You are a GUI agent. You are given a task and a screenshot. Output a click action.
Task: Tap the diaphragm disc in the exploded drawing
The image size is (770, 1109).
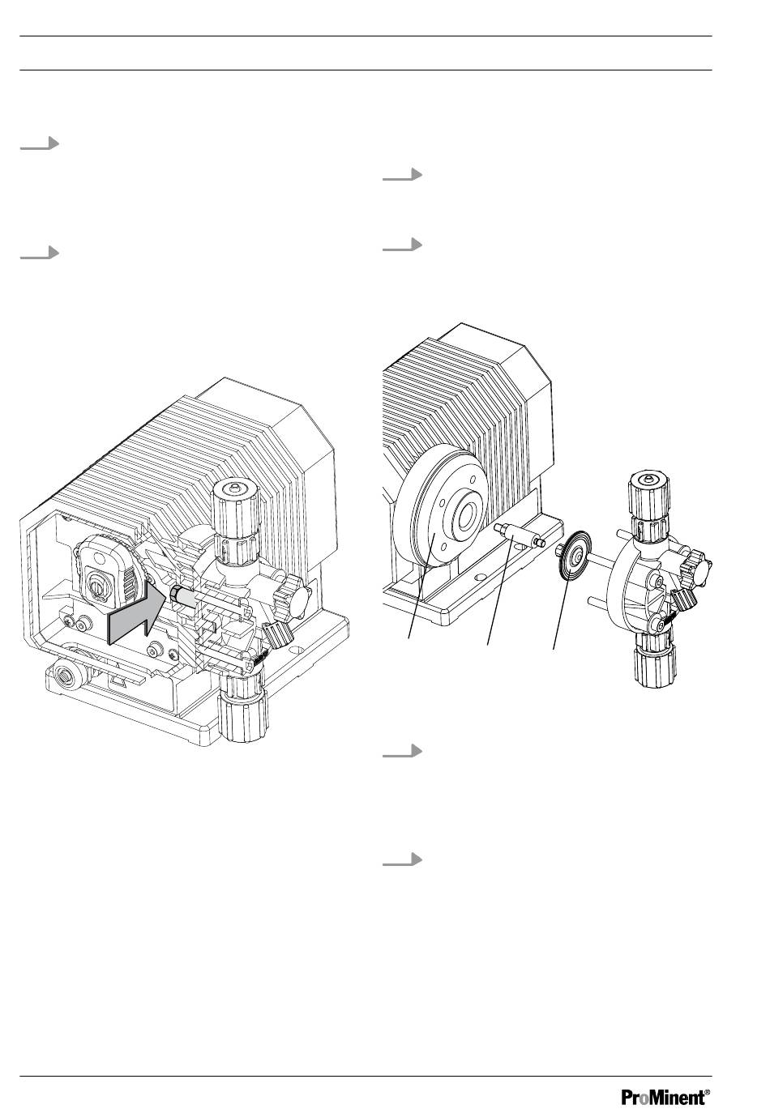pos(573,556)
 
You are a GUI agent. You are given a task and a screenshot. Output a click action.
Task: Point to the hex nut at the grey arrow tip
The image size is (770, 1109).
pos(174,592)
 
